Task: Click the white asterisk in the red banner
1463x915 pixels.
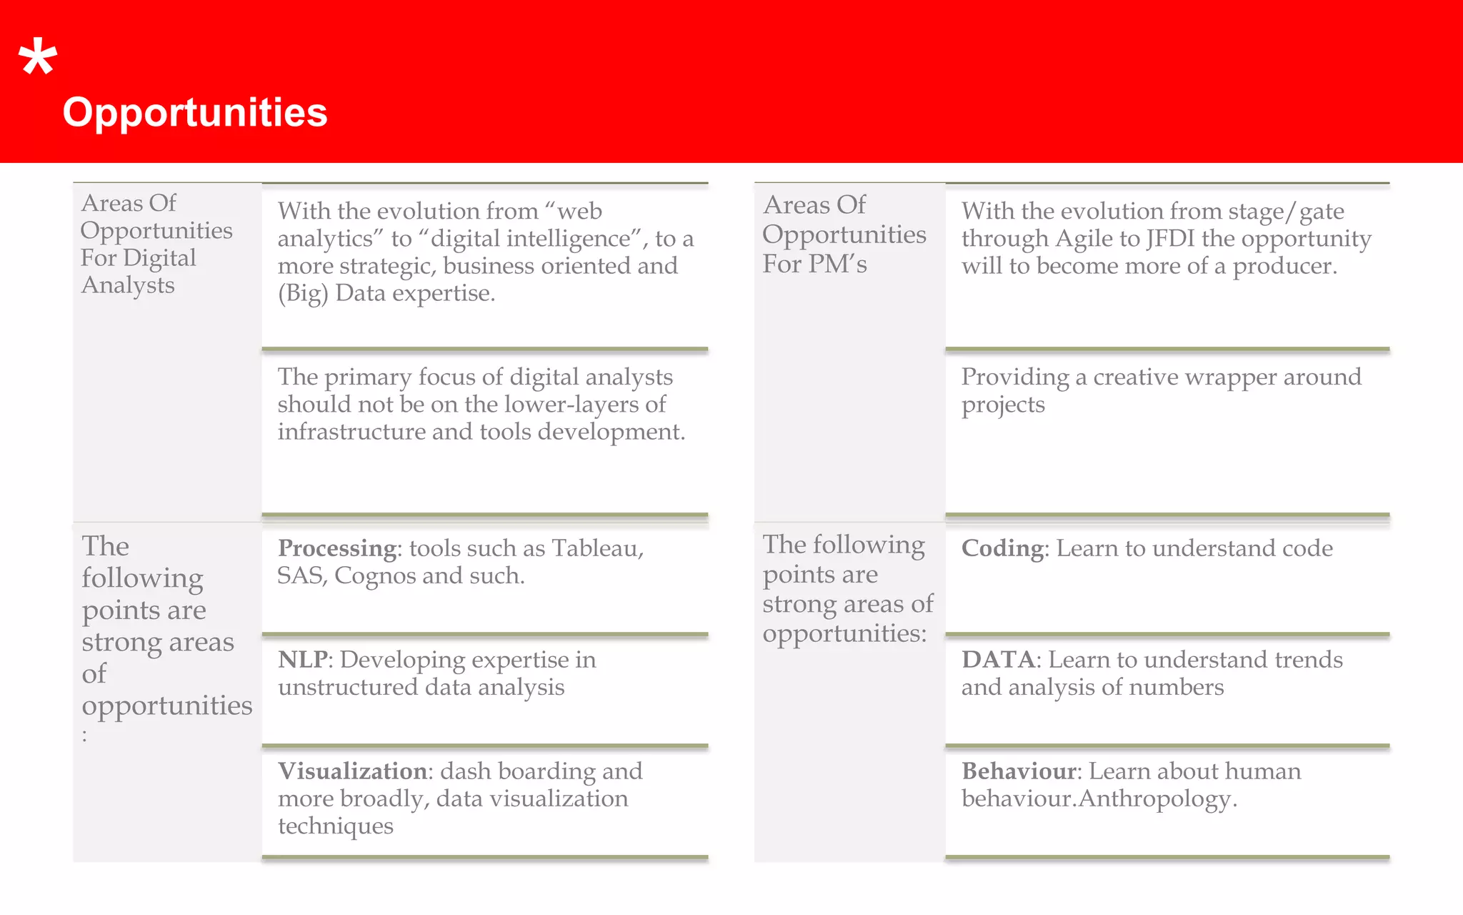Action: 38,59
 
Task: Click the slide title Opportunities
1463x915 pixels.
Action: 195,113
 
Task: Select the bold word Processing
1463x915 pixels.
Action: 337,548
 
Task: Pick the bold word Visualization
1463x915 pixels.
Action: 352,771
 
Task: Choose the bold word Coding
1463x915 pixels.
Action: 1002,548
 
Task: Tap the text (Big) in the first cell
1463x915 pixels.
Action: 303,294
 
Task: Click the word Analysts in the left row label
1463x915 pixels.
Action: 128,285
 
